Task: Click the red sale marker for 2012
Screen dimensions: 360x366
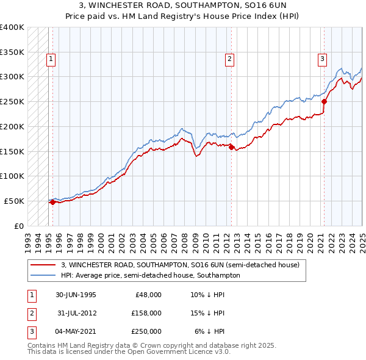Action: click(232, 146)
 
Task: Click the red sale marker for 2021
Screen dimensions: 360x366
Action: click(324, 102)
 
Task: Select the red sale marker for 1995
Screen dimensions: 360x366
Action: click(52, 203)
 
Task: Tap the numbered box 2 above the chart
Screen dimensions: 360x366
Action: click(229, 59)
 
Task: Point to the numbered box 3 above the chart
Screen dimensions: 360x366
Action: click(321, 59)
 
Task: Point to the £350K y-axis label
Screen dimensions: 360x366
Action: click(12, 52)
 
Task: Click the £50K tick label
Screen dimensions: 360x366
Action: click(15, 201)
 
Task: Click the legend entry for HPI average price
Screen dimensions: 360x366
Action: click(150, 276)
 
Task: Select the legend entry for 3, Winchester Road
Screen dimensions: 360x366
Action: click(180, 265)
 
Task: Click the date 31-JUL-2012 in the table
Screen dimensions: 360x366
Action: click(76, 313)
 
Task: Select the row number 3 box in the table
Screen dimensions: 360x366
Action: click(30, 331)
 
